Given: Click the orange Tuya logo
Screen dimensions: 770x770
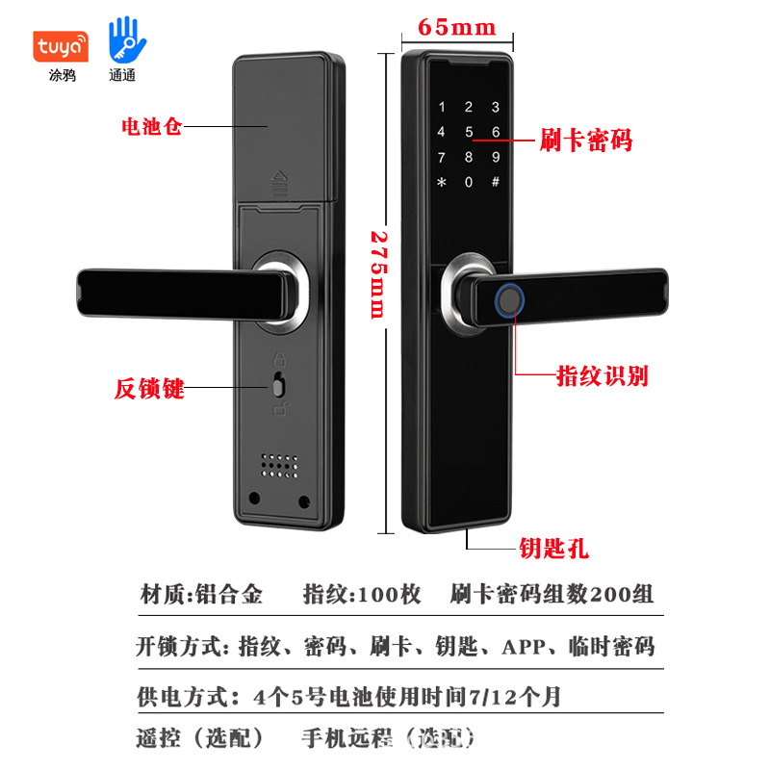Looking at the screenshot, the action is pos(61,46).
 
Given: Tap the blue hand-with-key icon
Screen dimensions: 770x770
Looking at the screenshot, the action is pos(127,39).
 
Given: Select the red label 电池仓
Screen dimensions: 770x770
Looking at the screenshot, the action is pos(152,126).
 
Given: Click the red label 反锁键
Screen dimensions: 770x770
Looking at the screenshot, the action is pos(149,389).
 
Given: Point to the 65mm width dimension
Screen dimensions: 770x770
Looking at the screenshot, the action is pos(457,28).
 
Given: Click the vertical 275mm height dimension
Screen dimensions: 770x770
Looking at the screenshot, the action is pos(379,275).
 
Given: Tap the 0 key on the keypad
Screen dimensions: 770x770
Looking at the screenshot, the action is pos(469,182).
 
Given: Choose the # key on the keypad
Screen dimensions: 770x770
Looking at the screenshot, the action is pos(496,182).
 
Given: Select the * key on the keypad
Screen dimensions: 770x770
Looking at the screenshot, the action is pos(442,182).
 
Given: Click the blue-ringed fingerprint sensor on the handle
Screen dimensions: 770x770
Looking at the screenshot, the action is pos(510,299).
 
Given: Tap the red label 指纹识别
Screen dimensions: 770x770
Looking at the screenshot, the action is pos(603,376).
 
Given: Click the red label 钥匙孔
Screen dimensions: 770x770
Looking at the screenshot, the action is pos(554,548).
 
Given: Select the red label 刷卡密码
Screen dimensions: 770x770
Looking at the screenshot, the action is pos(586,140).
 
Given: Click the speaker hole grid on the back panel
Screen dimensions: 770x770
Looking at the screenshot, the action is pos(279,466).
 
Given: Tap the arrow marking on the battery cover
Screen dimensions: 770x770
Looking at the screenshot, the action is pos(280,184).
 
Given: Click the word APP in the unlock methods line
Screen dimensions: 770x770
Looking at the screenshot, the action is pos(524,647).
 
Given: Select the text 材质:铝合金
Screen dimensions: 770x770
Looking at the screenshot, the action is pos(201,594).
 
